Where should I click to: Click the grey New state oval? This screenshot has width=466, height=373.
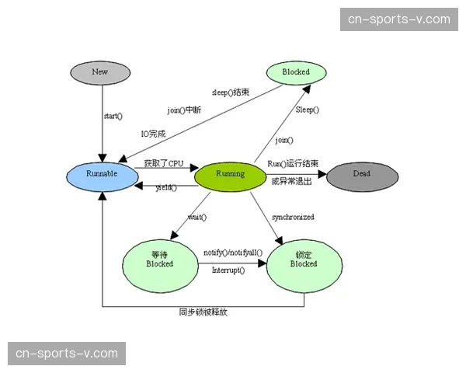(x=100, y=72)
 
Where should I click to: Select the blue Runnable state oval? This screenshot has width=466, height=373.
(x=102, y=174)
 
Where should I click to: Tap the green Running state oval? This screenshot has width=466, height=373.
(x=230, y=174)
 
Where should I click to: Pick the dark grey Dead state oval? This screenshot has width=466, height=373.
(x=362, y=174)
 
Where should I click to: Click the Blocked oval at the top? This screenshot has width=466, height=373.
(x=296, y=72)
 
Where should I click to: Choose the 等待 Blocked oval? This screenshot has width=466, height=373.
(x=160, y=260)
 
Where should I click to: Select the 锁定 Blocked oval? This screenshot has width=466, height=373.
(x=304, y=260)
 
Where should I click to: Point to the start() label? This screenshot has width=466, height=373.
(x=113, y=117)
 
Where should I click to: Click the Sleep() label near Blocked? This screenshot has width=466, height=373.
(x=308, y=110)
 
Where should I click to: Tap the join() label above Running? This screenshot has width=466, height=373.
(x=285, y=141)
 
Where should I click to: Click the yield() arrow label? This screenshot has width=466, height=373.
(x=166, y=188)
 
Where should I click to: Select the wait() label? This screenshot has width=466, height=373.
(x=197, y=217)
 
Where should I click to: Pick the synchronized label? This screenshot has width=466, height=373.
(x=293, y=217)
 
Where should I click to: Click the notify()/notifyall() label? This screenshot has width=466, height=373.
(x=233, y=253)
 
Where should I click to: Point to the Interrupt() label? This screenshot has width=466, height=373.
(x=228, y=270)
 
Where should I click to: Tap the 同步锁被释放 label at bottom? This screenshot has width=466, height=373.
(x=203, y=312)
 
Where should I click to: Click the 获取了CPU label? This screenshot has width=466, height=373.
(x=164, y=164)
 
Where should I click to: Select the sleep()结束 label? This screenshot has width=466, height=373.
(x=231, y=92)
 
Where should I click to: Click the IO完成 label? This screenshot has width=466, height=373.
(x=153, y=134)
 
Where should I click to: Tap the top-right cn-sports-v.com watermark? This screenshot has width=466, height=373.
(x=398, y=19)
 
